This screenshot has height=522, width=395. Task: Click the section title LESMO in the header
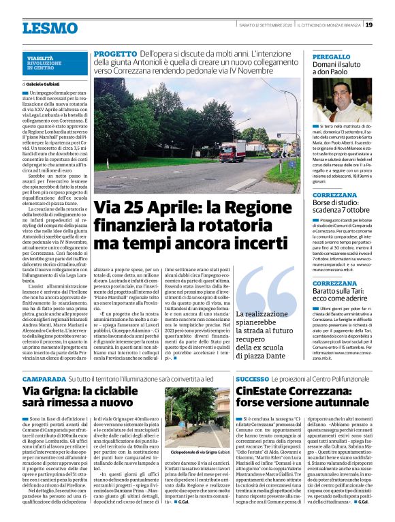tap(50, 28)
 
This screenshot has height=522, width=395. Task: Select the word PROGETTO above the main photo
tap(114, 53)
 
